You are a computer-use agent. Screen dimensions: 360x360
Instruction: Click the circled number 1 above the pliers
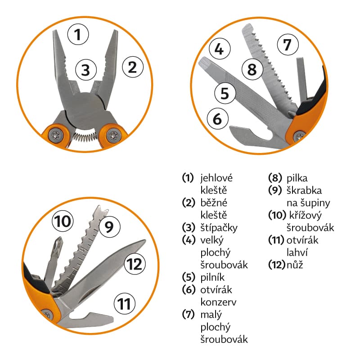(78, 35)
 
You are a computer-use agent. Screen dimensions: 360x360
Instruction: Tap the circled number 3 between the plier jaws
(86, 70)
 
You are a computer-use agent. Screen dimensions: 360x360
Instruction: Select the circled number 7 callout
(288, 45)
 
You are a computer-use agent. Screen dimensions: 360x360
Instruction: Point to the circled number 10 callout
(63, 221)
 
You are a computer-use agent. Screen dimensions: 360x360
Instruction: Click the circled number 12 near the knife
(135, 264)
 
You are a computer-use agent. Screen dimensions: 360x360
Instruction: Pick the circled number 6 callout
(218, 118)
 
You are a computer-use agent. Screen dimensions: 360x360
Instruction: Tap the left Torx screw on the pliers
(56, 135)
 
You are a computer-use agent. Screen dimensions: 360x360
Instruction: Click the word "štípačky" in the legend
(219, 228)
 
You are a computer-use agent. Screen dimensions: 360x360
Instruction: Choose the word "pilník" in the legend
(212, 277)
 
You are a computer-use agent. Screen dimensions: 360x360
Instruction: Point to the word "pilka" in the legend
(297, 178)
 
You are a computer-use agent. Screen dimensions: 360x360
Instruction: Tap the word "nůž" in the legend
(295, 265)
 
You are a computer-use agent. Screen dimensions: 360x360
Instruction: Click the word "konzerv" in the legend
(218, 302)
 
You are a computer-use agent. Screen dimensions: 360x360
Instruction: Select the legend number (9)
(275, 190)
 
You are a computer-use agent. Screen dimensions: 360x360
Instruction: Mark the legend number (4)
(189, 240)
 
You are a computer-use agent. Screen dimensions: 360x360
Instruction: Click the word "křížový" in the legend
(306, 216)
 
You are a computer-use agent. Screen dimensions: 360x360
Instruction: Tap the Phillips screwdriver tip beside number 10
(58, 244)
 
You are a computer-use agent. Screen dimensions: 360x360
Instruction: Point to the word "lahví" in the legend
(297, 252)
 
